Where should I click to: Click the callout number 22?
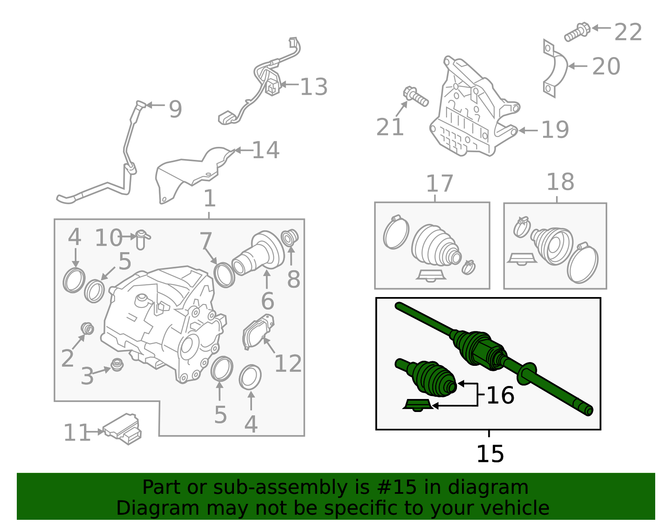coord(628,32)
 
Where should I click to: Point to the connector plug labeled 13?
coord(273,87)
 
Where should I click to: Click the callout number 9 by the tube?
coord(175,109)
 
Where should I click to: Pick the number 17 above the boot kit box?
coord(439,183)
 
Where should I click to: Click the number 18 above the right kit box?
coord(560,182)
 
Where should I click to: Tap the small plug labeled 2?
coord(87,328)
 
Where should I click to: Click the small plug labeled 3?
coord(117,365)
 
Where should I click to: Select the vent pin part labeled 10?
coord(142,238)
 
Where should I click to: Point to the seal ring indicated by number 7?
coord(224,274)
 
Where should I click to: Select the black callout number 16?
coord(500,395)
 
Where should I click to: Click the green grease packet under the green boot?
coord(417,405)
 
